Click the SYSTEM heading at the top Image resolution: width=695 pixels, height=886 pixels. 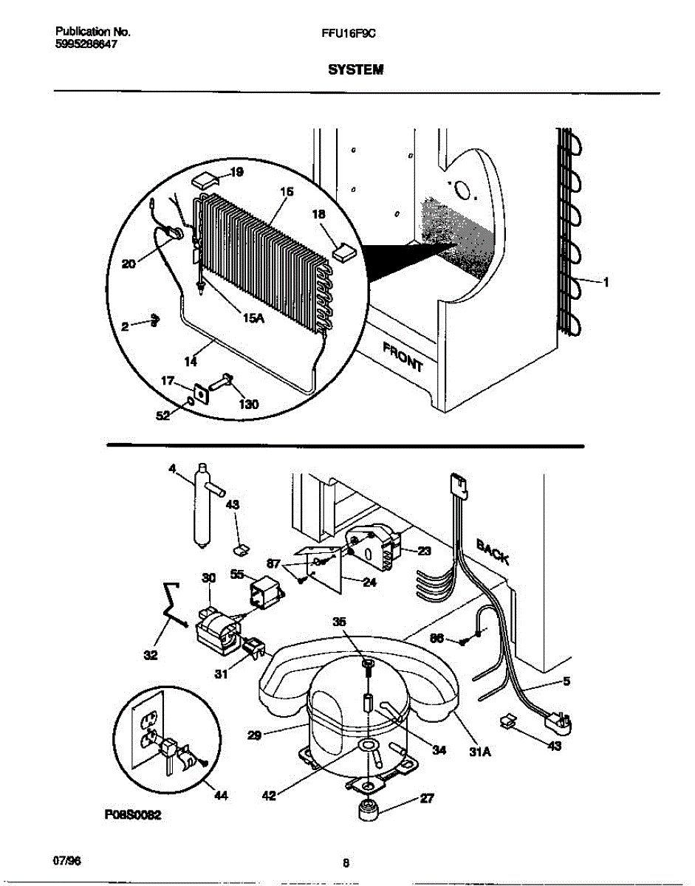tap(356, 70)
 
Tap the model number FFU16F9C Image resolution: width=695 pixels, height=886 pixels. tap(355, 32)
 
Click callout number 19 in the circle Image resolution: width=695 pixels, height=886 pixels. tap(236, 173)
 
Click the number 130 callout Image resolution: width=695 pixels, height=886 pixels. tap(248, 405)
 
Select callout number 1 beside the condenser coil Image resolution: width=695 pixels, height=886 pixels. tap(606, 281)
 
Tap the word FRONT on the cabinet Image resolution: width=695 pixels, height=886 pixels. tap(403, 357)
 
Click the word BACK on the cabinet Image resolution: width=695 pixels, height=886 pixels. tap(493, 551)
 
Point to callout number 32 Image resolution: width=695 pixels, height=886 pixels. tap(151, 654)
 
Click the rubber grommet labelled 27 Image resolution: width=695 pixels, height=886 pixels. tap(367, 812)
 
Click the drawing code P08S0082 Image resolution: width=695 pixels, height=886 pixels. tap(134, 815)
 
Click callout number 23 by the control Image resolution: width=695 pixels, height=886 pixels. tap(424, 550)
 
